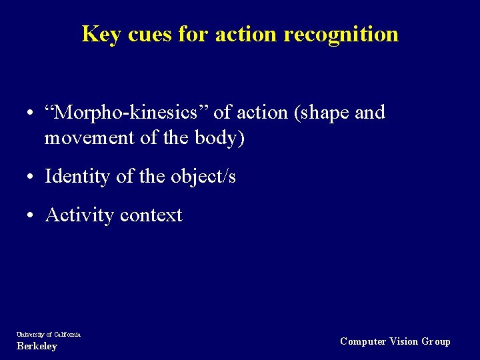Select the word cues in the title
tap(149, 34)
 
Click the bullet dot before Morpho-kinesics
tap(31, 113)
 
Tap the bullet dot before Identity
tap(31, 177)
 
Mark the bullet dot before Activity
tap(31, 216)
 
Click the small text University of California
tap(49, 334)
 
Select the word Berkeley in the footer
tap(37, 346)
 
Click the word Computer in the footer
tap(363, 341)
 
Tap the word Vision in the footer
tap(404, 341)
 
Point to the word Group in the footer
tap(436, 341)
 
